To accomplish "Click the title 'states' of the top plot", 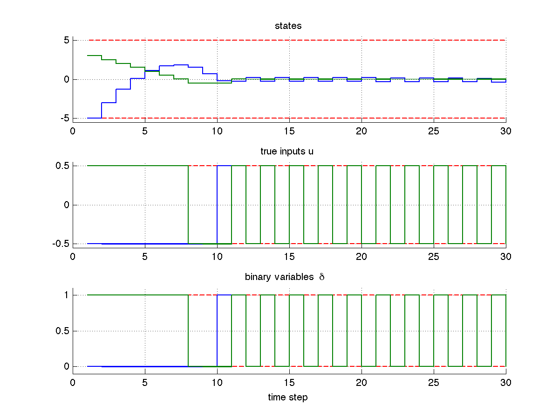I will [288, 26].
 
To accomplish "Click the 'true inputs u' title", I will [288, 152].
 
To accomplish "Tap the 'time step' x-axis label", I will [288, 398].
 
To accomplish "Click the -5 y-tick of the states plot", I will [65, 118].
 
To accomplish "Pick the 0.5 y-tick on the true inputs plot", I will [63, 166].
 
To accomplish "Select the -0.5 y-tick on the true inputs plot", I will [62, 244].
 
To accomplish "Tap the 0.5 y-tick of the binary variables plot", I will [63, 331].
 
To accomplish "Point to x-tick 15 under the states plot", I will [289, 132].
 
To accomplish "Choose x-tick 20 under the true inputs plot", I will [361, 257].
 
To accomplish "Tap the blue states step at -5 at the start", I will [95, 118].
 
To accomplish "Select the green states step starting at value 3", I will [95, 56].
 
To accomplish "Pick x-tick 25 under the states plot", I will [434, 132].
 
